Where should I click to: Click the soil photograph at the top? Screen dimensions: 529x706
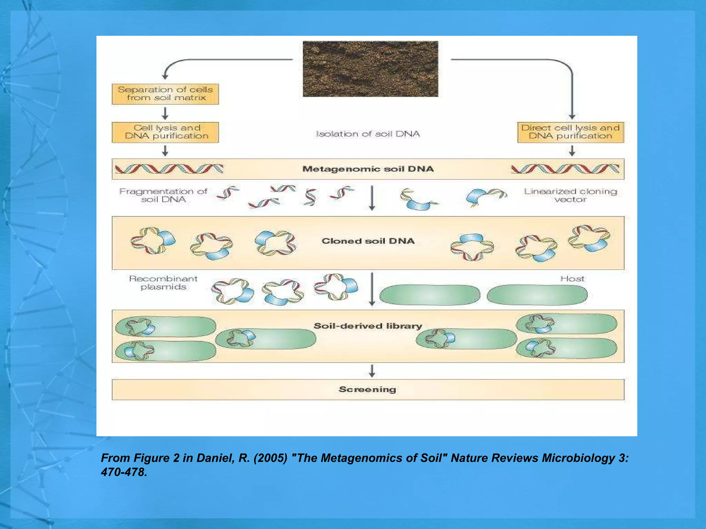click(x=370, y=69)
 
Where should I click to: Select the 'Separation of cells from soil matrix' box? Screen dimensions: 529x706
click(x=165, y=94)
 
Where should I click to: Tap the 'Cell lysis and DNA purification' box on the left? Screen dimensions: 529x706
click(x=165, y=132)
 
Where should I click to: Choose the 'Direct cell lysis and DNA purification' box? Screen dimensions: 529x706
click(x=571, y=132)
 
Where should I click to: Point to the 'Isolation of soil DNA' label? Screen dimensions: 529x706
click(x=368, y=134)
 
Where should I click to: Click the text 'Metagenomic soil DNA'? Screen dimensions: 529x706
click(x=368, y=169)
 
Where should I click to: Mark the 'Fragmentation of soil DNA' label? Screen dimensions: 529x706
click(x=163, y=195)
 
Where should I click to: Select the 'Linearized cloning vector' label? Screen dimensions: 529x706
click(x=571, y=195)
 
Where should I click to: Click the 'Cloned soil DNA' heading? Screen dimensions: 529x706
click(x=368, y=241)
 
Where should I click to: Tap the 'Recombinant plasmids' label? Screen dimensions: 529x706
click(x=163, y=283)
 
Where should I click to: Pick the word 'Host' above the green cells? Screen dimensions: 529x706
click(x=572, y=279)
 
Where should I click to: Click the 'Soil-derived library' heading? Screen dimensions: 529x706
click(x=368, y=326)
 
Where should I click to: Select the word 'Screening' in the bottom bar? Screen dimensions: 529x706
click(x=367, y=390)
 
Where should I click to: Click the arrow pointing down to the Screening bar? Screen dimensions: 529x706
click(x=372, y=371)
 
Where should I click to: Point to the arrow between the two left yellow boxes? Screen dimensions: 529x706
click(x=165, y=113)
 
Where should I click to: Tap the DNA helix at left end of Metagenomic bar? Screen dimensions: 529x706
click(x=169, y=169)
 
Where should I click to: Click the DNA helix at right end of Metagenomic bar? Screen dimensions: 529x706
click(x=565, y=169)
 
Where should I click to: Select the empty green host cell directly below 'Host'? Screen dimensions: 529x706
click(x=537, y=295)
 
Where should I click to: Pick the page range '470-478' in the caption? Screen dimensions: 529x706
click(x=124, y=472)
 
